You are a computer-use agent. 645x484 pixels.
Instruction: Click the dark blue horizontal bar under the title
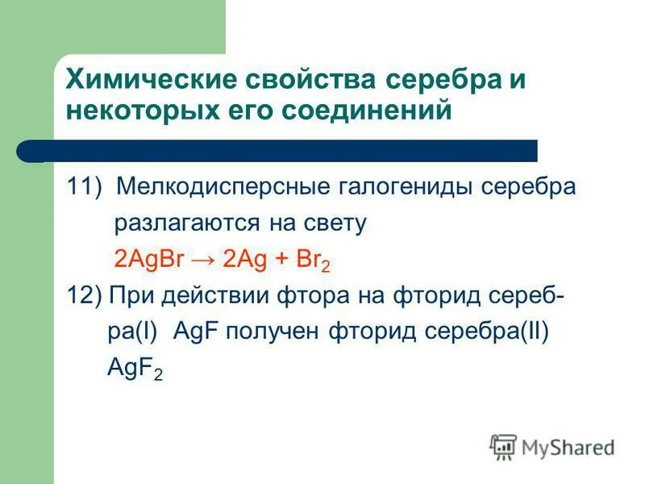click(290, 151)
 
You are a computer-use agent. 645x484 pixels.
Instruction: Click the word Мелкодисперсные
click(218, 188)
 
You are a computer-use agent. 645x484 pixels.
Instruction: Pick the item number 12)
click(84, 296)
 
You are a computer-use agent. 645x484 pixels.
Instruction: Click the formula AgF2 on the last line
click(134, 369)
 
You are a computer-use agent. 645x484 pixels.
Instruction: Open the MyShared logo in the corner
click(552, 446)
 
